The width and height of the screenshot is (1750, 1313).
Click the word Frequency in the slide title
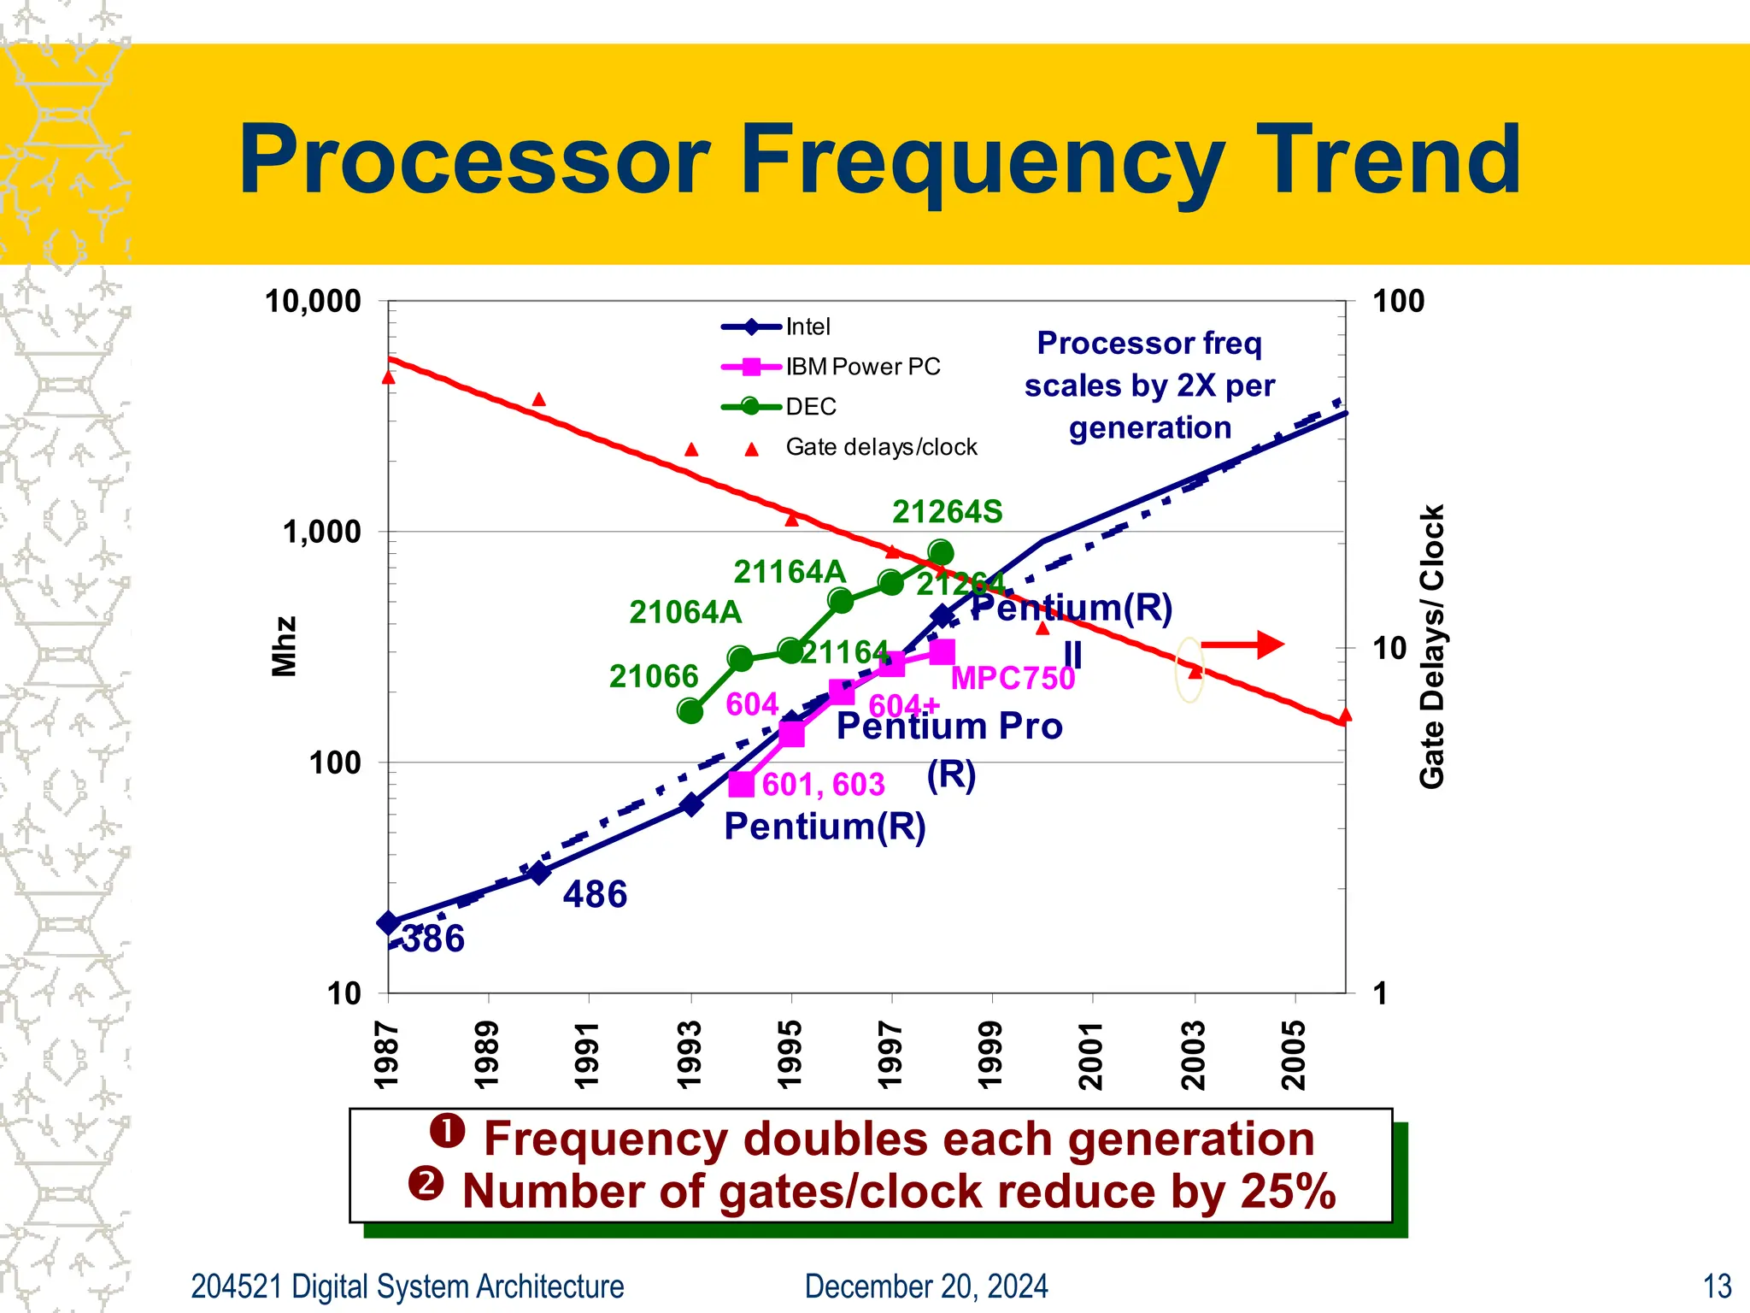[x=983, y=161]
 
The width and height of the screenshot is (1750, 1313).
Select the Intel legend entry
[x=807, y=327]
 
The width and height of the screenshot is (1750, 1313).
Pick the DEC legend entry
[x=810, y=407]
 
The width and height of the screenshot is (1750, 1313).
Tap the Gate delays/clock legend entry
[x=880, y=447]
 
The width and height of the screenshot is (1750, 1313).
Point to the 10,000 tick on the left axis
[x=313, y=302]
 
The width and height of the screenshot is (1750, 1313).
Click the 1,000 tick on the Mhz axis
[x=322, y=532]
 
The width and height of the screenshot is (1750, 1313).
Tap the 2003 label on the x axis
[x=1194, y=1054]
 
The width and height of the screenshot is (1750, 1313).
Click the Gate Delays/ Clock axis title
[x=1431, y=646]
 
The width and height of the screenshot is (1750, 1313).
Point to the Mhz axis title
[x=284, y=646]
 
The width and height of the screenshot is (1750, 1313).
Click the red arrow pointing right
[x=1243, y=645]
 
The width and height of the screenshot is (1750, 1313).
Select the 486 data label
[x=595, y=895]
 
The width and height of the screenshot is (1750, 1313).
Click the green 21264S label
[x=947, y=512]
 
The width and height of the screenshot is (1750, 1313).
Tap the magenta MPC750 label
[x=1013, y=679]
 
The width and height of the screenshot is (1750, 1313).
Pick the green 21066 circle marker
[x=690, y=710]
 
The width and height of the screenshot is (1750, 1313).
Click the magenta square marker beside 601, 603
[x=742, y=784]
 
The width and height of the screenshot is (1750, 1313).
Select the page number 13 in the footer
[x=1717, y=1287]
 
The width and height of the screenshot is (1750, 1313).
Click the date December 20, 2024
[x=926, y=1287]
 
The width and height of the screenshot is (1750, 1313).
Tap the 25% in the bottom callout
[x=1288, y=1192]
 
